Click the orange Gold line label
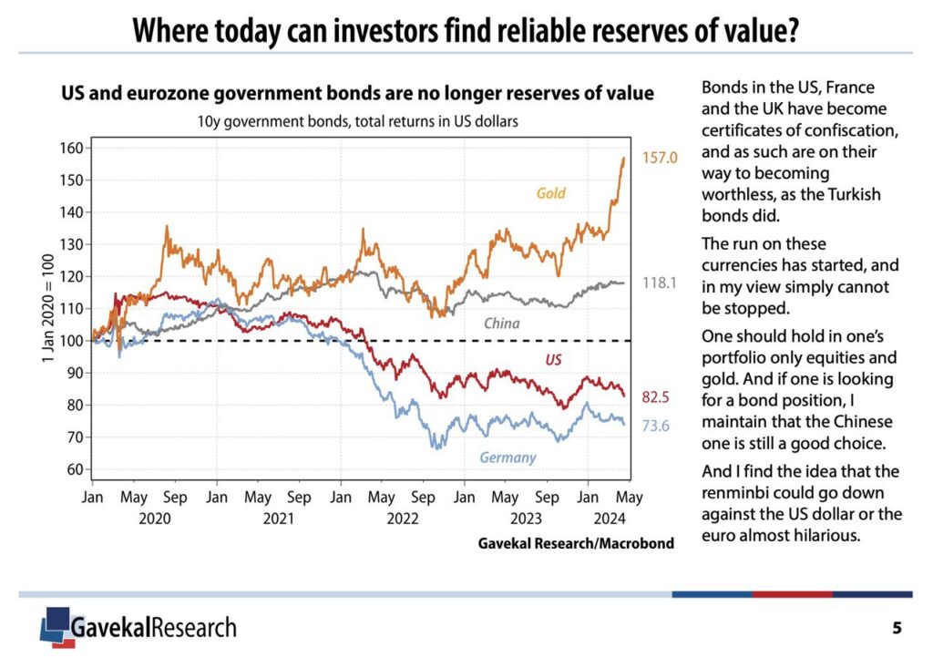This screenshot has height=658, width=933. (x=551, y=193)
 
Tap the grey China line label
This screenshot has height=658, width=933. (x=503, y=324)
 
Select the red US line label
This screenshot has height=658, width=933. (x=553, y=360)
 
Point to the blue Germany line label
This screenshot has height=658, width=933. (x=508, y=457)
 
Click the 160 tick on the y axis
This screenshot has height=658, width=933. (x=70, y=148)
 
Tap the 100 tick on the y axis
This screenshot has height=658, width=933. (x=70, y=341)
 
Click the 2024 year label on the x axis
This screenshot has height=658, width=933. (x=609, y=519)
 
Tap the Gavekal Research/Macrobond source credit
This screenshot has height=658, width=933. (x=576, y=544)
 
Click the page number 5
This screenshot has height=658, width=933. (x=897, y=628)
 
